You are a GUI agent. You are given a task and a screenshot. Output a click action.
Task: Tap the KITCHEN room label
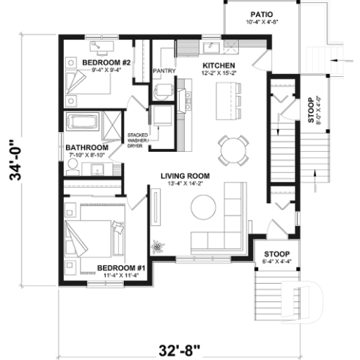point(218,65)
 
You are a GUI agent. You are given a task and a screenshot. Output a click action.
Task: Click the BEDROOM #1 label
point(122,268)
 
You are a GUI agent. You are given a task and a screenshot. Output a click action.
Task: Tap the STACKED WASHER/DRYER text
point(139,141)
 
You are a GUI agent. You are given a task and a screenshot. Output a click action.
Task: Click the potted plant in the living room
point(156,245)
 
